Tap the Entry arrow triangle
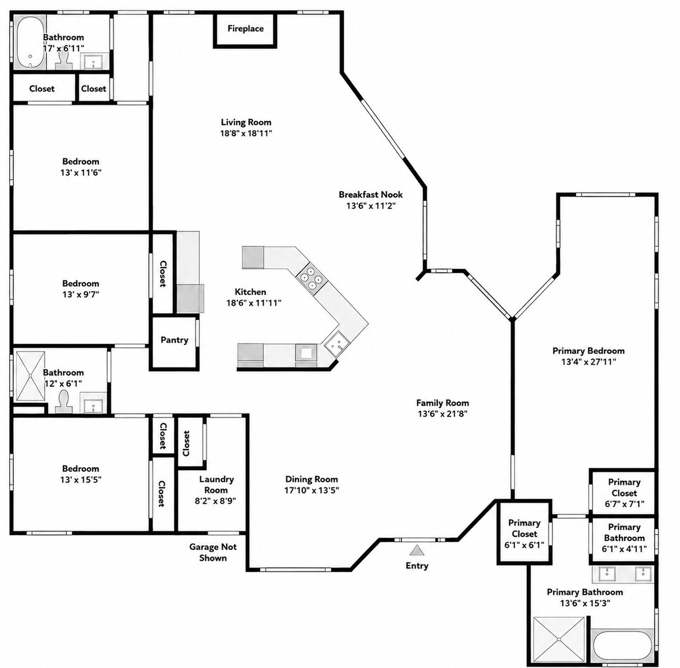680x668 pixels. (417, 550)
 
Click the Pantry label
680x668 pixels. (175, 340)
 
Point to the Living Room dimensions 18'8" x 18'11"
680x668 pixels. (246, 133)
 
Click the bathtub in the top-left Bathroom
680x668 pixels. (30, 42)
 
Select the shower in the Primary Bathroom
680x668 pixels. (559, 639)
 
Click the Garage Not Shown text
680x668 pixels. (213, 552)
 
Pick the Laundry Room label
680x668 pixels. (216, 485)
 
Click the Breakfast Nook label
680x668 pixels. (371, 194)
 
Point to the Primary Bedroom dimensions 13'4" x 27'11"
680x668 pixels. (588, 361)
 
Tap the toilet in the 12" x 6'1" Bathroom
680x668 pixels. (64, 402)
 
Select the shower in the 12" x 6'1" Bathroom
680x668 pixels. (31, 376)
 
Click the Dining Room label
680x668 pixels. (312, 479)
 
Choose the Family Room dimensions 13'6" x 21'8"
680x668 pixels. (443, 414)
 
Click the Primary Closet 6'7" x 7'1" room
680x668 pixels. (624, 492)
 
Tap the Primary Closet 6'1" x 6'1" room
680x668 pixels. (524, 534)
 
